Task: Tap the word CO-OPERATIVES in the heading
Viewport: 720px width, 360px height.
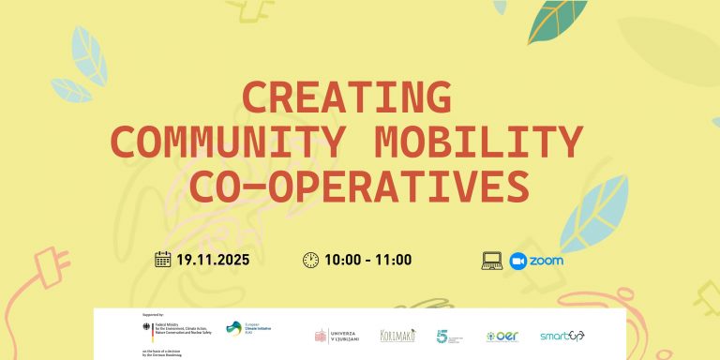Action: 359,186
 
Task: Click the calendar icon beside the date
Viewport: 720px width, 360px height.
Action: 163,260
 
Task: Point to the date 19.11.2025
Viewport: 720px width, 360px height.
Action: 226,260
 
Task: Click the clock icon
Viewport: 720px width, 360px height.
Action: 310,260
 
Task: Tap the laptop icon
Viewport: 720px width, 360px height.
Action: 493,260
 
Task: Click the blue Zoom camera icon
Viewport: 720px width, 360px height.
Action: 518,260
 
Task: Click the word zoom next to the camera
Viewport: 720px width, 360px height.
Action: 547,260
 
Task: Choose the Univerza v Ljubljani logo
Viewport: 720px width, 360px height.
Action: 336,336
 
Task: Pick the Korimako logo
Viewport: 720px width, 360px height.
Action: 397,335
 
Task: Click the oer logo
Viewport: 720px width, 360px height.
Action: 502,336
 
